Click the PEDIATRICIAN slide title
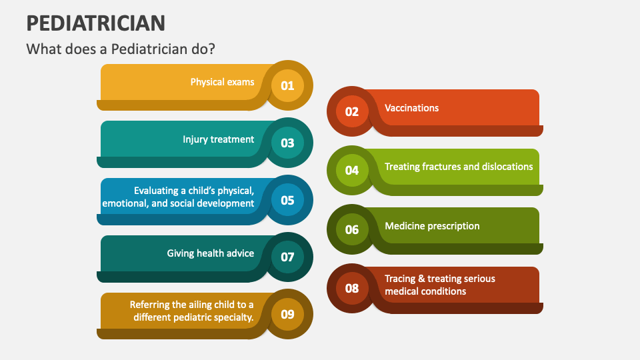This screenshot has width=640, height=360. [96, 22]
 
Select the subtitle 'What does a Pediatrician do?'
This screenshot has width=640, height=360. [121, 49]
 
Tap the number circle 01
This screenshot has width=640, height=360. [287, 85]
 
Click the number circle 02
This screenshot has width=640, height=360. [352, 111]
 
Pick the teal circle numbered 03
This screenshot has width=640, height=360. [287, 143]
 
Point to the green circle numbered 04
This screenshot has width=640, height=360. [352, 170]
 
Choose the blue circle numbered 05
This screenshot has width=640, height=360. [287, 200]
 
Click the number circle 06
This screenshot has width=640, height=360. [352, 229]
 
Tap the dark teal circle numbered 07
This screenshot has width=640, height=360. [287, 257]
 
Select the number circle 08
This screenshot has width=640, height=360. [352, 288]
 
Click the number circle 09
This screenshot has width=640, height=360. [287, 314]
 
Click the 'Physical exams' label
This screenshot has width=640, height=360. [222, 82]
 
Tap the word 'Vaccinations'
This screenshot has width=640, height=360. [411, 108]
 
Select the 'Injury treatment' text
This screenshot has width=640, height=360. [218, 139]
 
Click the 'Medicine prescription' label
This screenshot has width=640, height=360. [432, 226]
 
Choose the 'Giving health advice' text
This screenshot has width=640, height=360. [210, 253]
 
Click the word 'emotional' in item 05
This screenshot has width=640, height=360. [125, 203]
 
